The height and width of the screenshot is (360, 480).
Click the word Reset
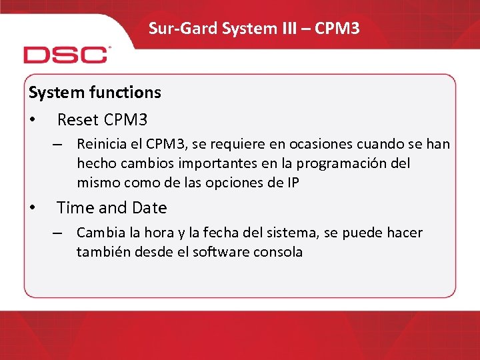click(x=77, y=120)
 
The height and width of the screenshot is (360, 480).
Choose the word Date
click(x=149, y=208)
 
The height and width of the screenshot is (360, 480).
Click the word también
click(x=101, y=252)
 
